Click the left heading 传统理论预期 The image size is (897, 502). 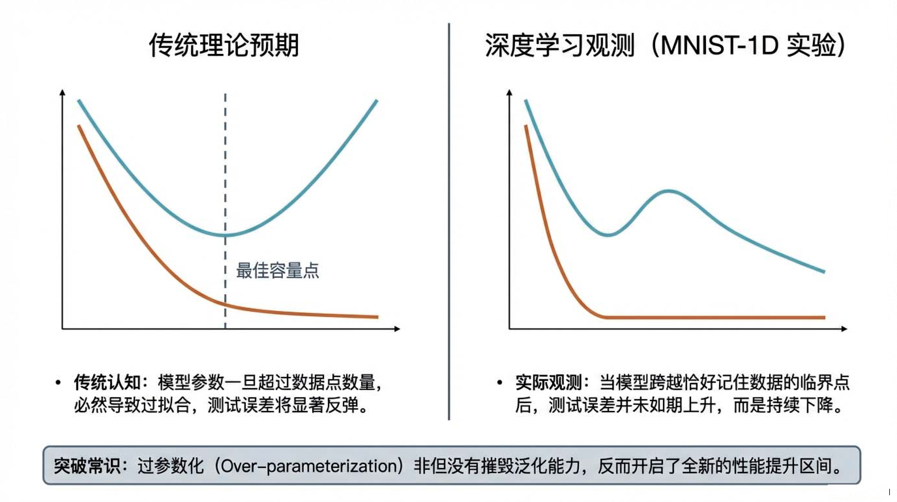click(x=224, y=45)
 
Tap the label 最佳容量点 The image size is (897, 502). click(x=278, y=270)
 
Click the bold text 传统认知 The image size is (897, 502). click(x=107, y=382)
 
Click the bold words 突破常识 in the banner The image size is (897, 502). click(x=87, y=466)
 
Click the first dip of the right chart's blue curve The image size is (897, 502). click(x=608, y=235)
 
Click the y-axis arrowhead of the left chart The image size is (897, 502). click(x=63, y=92)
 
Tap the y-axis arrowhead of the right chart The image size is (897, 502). click(x=510, y=92)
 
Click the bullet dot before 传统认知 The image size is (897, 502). click(x=58, y=383)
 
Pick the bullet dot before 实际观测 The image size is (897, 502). click(x=500, y=383)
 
